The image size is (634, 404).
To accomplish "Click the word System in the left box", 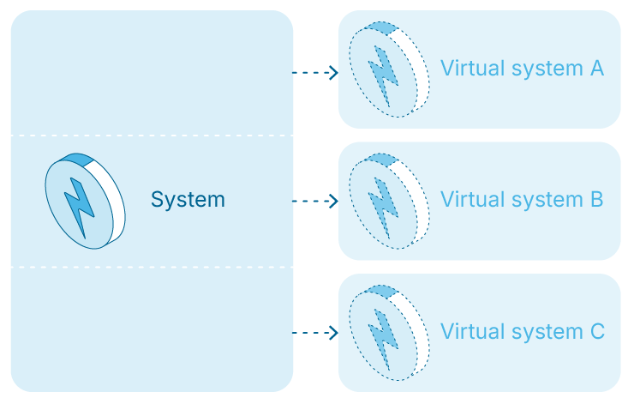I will tap(188, 200).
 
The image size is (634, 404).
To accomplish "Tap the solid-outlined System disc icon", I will tap(85, 201).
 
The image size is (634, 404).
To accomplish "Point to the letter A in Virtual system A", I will tap(597, 68).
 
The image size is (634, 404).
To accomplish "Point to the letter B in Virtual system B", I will tap(597, 200).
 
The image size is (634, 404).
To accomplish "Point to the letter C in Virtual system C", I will tap(597, 331).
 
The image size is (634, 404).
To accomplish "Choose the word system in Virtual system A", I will tap(542, 69).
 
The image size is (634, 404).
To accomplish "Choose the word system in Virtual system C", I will tap(542, 332).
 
